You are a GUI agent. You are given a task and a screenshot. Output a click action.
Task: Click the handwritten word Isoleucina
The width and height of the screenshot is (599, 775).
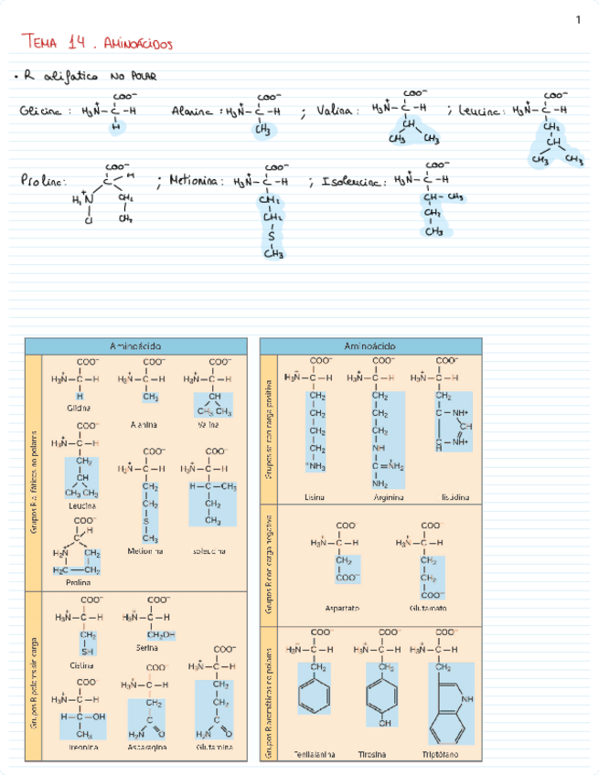[x=350, y=182]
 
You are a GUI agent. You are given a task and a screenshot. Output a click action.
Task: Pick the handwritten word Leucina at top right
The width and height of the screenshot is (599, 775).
[x=479, y=111]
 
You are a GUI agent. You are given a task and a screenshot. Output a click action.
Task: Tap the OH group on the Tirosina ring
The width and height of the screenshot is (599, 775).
[x=384, y=724]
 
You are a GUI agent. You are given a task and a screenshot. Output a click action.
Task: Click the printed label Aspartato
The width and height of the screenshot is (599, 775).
[x=342, y=608]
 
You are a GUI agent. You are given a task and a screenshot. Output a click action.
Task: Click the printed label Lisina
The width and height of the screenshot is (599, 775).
[x=316, y=497]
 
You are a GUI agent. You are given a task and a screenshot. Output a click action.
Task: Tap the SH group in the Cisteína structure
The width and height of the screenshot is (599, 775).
[x=88, y=652]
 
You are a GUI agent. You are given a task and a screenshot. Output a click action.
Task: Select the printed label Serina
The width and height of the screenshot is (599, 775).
[x=147, y=647]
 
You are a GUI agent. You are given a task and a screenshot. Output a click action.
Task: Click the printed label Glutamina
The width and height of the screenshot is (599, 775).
[x=213, y=747]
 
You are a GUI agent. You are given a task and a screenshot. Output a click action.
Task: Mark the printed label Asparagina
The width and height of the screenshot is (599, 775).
[x=146, y=747]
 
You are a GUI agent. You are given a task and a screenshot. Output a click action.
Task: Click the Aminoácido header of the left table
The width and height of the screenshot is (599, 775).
[x=135, y=346]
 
